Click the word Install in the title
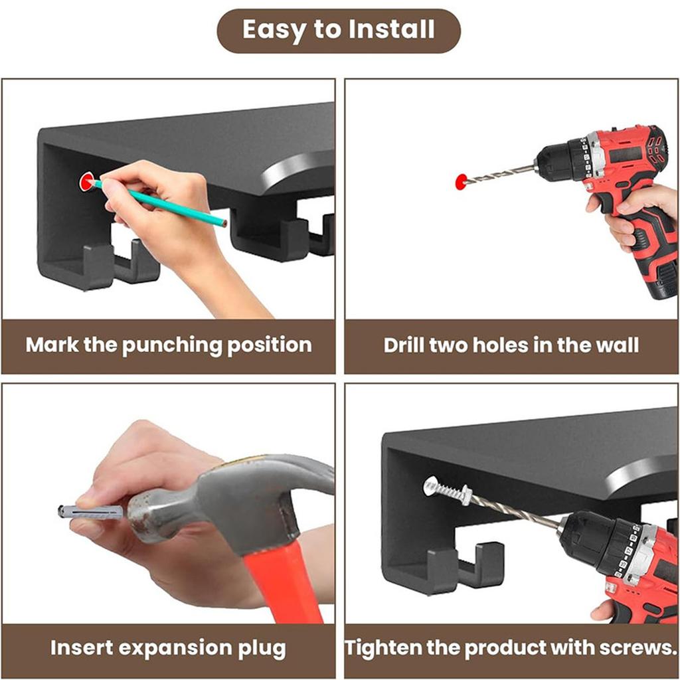coord(391,29)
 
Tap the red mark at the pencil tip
coord(87,182)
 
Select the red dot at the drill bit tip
coord(462,181)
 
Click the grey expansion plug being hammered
coord(91,512)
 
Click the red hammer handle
coord(282,586)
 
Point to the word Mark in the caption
coord(52,345)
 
